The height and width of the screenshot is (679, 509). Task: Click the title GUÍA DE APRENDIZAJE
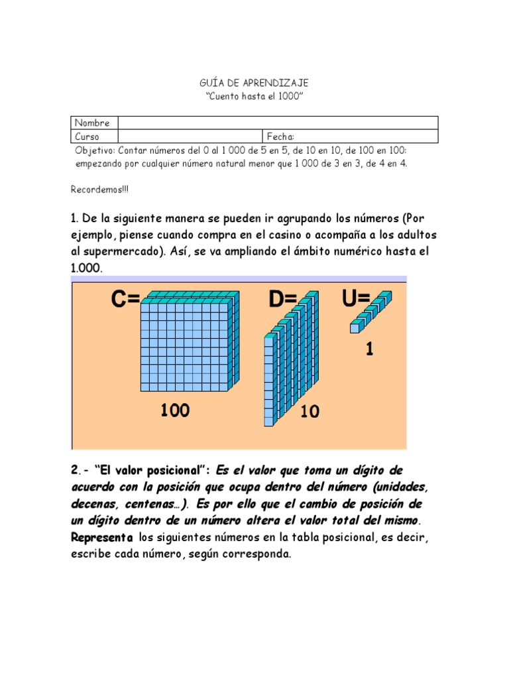tap(254, 83)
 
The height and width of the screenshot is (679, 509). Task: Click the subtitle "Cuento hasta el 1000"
tap(254, 97)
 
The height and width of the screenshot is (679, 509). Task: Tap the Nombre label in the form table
tap(92, 123)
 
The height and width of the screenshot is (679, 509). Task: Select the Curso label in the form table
tap(87, 137)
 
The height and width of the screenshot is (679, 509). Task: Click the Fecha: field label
tap(280, 137)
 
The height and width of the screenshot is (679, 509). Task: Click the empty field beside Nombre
tap(278, 123)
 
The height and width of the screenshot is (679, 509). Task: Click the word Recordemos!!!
tap(100, 190)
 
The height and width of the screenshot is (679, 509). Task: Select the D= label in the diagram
tap(283, 300)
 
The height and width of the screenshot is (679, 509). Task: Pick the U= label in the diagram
tap(356, 298)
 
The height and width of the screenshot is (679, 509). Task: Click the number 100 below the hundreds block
tap(175, 410)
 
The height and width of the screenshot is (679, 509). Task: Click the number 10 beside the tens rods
tap(310, 412)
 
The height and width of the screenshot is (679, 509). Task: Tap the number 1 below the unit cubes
tap(369, 349)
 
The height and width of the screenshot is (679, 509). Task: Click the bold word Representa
tap(102, 537)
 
